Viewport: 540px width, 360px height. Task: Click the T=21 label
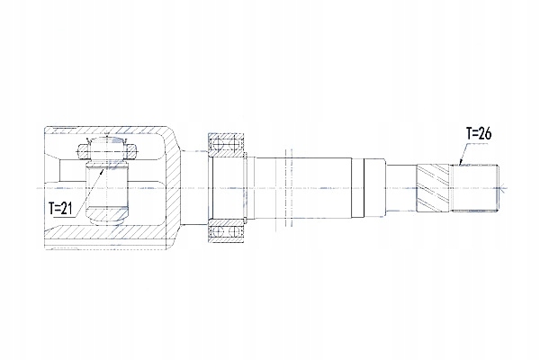point(60,208)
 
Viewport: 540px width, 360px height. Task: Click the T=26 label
point(479,133)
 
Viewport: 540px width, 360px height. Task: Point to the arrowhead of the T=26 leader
point(461,164)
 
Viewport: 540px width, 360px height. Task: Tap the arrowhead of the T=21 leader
point(102,170)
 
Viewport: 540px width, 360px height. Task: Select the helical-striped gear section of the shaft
point(433,188)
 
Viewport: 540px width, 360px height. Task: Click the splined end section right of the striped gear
point(474,188)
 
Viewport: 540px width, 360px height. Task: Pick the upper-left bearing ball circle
point(217,143)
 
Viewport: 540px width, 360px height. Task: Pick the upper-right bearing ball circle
point(234,143)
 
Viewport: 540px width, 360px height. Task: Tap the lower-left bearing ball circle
point(217,232)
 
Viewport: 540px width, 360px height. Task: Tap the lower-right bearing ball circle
point(234,232)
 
